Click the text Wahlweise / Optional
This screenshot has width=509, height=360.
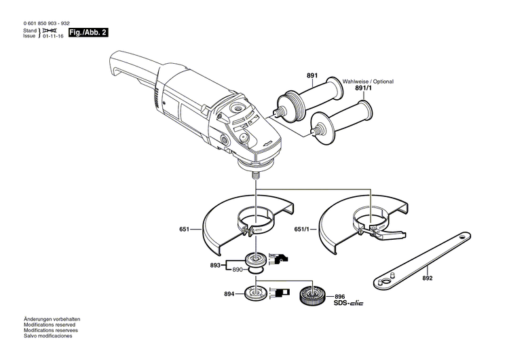(x=368, y=81)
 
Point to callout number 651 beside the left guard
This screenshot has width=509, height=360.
(x=184, y=230)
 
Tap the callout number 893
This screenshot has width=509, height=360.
(x=216, y=265)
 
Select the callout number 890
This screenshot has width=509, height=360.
(x=238, y=270)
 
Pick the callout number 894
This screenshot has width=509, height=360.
(x=229, y=294)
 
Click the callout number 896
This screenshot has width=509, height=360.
(x=339, y=296)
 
